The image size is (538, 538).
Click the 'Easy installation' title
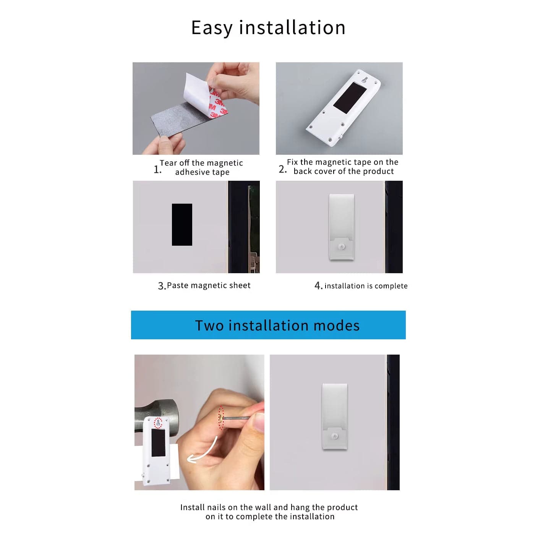(x=268, y=28)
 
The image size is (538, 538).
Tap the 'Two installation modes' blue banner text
(x=277, y=326)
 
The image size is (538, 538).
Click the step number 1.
(x=157, y=169)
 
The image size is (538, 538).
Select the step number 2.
(x=282, y=169)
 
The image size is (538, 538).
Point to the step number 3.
(x=161, y=286)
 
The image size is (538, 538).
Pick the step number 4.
(x=318, y=286)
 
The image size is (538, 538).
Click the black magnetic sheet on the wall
(x=182, y=224)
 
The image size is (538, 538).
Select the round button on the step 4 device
(x=342, y=246)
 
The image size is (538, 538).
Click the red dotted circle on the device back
(x=158, y=423)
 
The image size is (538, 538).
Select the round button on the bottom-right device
(x=335, y=436)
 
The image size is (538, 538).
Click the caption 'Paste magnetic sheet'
(x=209, y=285)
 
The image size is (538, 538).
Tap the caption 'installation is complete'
(x=366, y=286)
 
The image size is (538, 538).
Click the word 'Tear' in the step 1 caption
(x=168, y=163)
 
